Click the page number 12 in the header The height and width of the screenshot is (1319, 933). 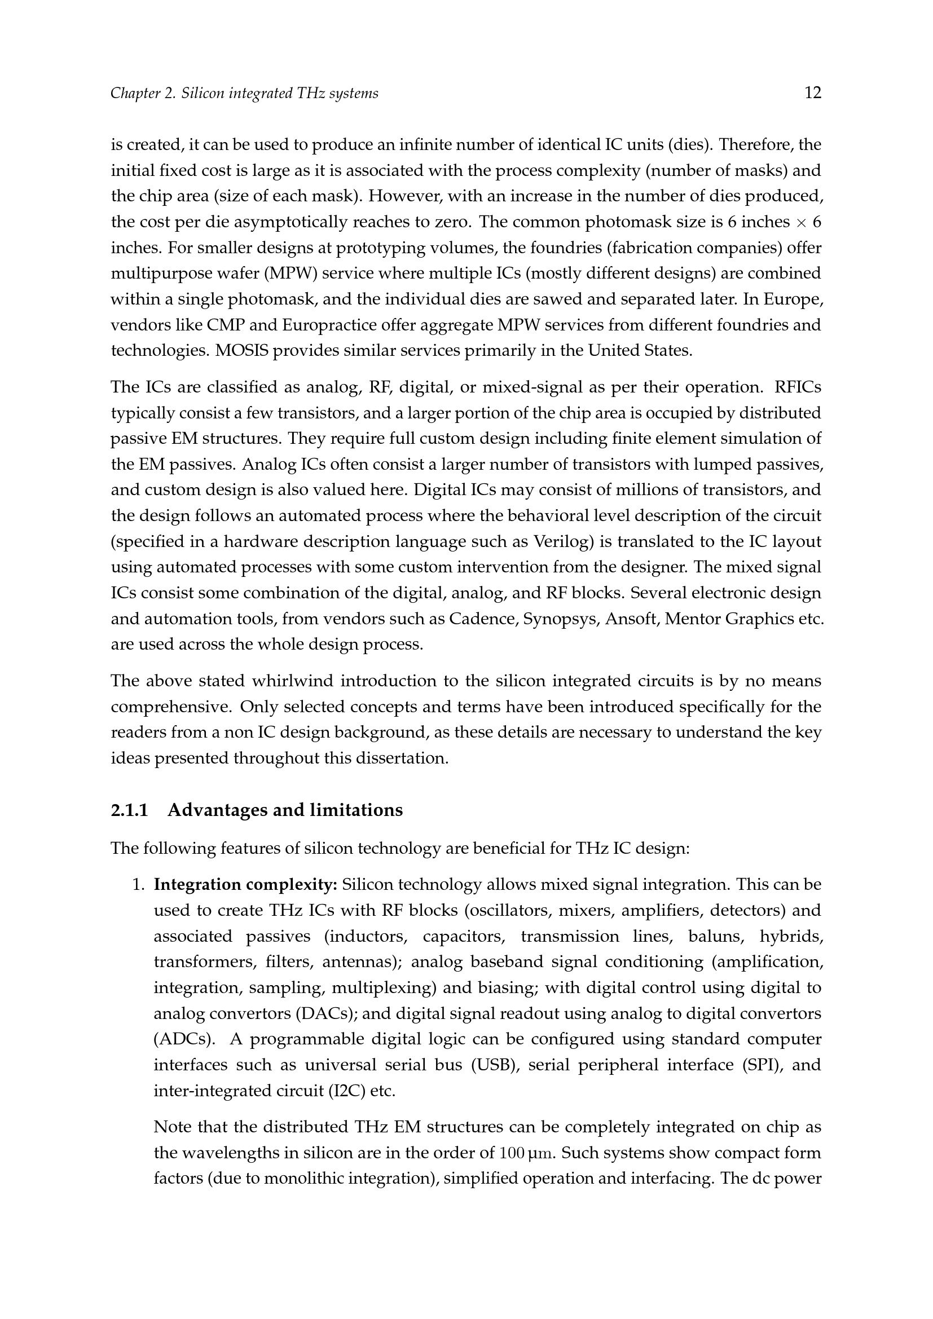[x=812, y=92]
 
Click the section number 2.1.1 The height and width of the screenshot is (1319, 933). [x=129, y=810]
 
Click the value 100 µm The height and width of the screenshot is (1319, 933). [x=523, y=1153]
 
